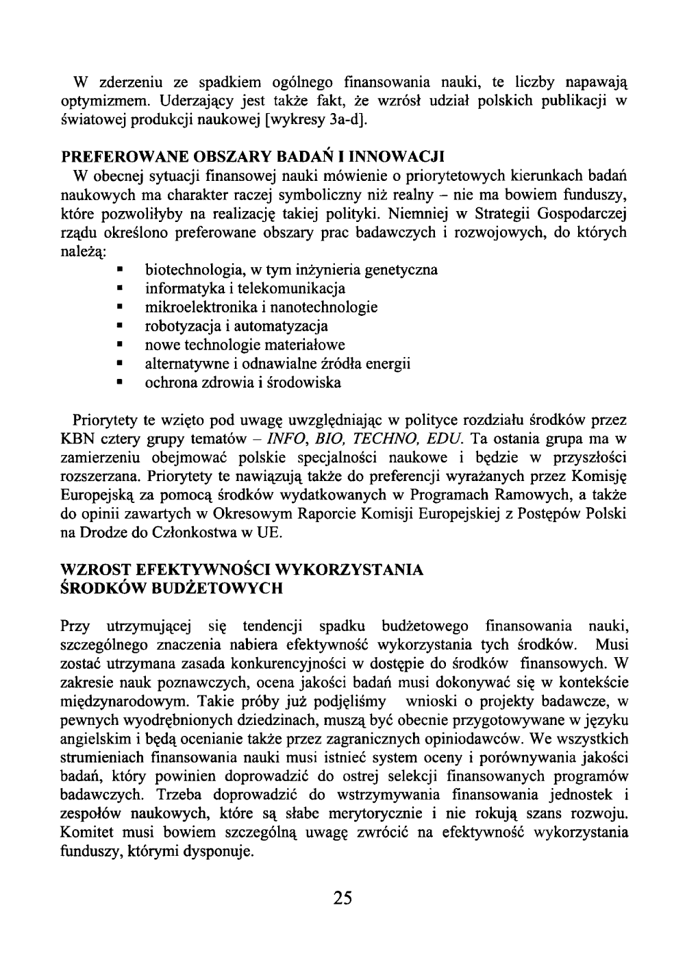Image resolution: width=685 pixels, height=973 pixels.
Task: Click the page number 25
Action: pyautogui.click(x=342, y=898)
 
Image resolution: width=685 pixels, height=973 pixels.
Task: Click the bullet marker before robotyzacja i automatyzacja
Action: pyautogui.click(x=121, y=326)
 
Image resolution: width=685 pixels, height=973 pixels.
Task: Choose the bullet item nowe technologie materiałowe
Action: pyautogui.click(x=245, y=345)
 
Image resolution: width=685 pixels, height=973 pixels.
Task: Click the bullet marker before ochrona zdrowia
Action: pyautogui.click(x=121, y=382)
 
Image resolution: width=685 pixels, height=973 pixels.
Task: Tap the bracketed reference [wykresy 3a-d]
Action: pyautogui.click(x=311, y=122)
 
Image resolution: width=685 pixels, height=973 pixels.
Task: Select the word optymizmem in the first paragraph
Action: pyautogui.click(x=105, y=103)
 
